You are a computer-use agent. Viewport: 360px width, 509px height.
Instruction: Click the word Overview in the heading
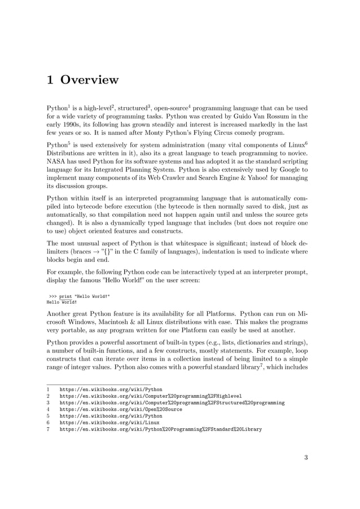point(90,80)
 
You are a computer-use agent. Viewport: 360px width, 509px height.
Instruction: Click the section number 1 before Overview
point(50,80)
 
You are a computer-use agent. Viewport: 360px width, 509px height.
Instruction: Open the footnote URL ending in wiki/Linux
point(109,422)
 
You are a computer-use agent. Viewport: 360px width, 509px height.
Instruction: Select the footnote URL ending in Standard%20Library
point(160,429)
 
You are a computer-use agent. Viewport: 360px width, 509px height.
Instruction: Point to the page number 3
point(306,458)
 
